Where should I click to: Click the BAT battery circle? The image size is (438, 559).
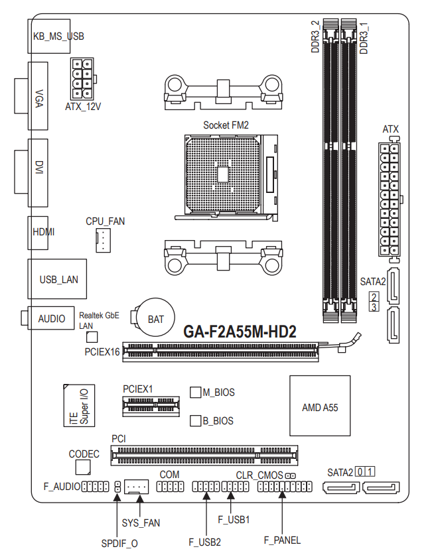[156, 317]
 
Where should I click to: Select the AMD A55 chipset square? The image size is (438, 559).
[320, 406]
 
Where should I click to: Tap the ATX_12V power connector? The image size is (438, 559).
[82, 79]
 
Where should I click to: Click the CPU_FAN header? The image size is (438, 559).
[103, 240]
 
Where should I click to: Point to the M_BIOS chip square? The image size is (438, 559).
[196, 392]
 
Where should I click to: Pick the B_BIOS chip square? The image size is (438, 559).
[196, 420]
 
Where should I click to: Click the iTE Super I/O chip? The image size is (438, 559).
[79, 405]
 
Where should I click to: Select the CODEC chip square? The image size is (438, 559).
[83, 467]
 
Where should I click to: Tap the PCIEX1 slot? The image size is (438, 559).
[151, 406]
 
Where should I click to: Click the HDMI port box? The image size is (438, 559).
[38, 233]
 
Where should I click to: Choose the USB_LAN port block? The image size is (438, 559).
[57, 279]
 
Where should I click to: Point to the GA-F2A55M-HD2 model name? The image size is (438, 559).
[240, 332]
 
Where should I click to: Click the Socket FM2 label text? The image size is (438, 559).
[226, 125]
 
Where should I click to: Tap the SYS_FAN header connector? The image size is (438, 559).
[136, 487]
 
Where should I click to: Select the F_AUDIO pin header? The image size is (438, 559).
[96, 487]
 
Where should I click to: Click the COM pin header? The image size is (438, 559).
[170, 487]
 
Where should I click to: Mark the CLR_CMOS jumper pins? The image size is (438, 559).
[291, 476]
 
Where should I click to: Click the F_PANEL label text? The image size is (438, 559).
[282, 540]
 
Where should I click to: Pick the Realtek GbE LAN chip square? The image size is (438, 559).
[92, 337]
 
